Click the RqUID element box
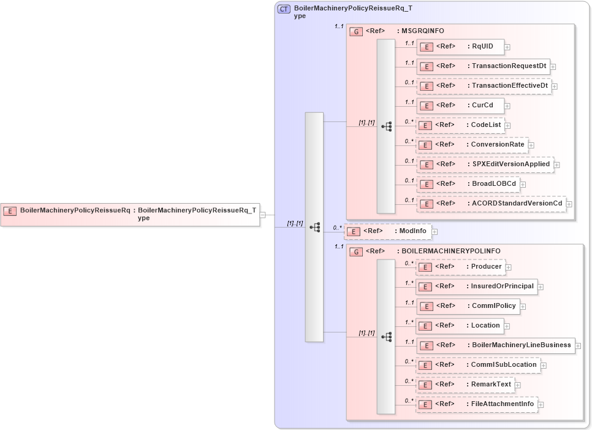(x=460, y=47)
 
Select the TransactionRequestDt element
(x=482, y=66)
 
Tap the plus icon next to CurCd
(x=507, y=106)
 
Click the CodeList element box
(x=460, y=125)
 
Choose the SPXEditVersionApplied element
(x=485, y=164)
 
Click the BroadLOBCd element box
(x=468, y=184)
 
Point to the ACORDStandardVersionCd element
(x=491, y=204)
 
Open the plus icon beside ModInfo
(x=435, y=232)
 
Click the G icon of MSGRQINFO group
(x=356, y=31)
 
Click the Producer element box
(x=460, y=267)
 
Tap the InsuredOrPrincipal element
(x=476, y=286)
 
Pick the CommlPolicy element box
(x=468, y=306)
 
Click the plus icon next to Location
(x=507, y=326)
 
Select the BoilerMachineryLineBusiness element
(x=496, y=345)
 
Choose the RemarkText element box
(x=465, y=385)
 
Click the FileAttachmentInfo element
(x=477, y=404)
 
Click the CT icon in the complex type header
(x=284, y=9)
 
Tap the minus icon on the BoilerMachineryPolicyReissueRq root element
(x=263, y=215)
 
